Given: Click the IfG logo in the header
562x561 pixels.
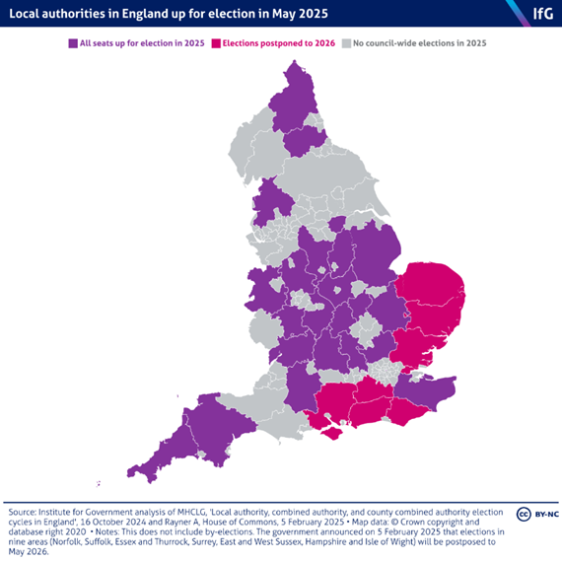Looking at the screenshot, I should (540, 13).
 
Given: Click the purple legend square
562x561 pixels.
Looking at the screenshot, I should (72, 43).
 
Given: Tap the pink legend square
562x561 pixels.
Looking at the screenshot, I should (216, 43).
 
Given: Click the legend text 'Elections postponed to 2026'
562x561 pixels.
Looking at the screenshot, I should (279, 43).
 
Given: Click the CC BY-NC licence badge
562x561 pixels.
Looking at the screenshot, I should (534, 515).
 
